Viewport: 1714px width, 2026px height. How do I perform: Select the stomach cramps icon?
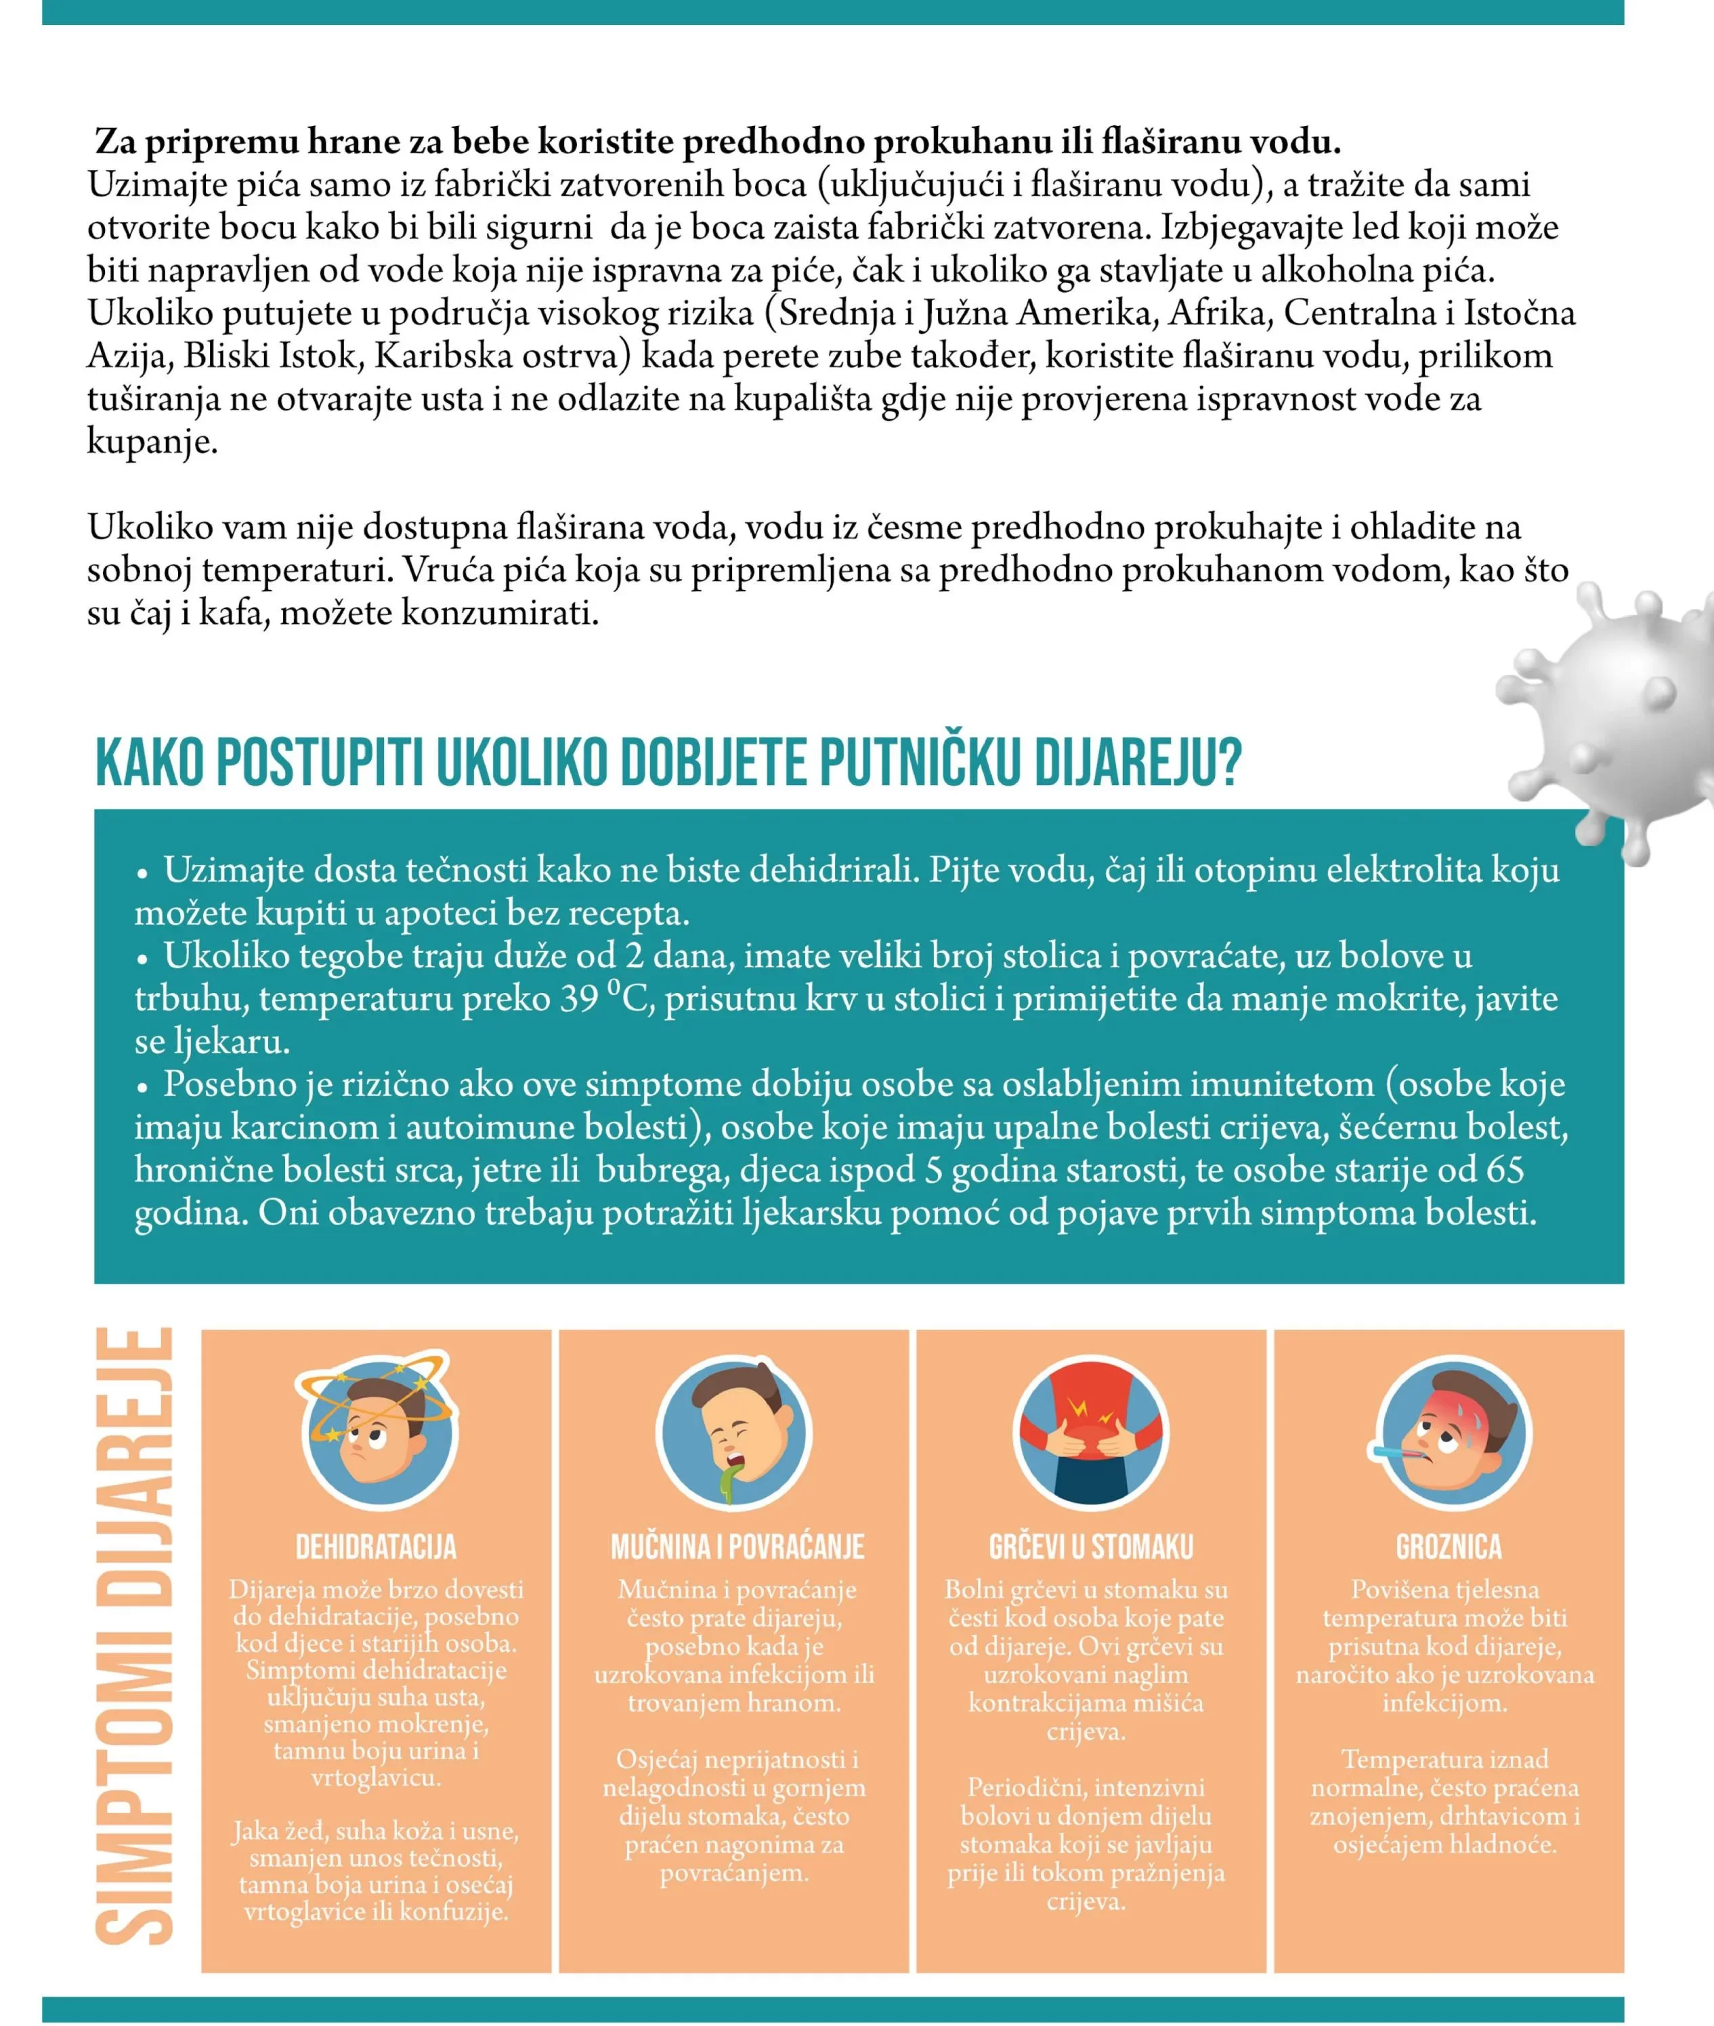pos(1091,1433)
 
